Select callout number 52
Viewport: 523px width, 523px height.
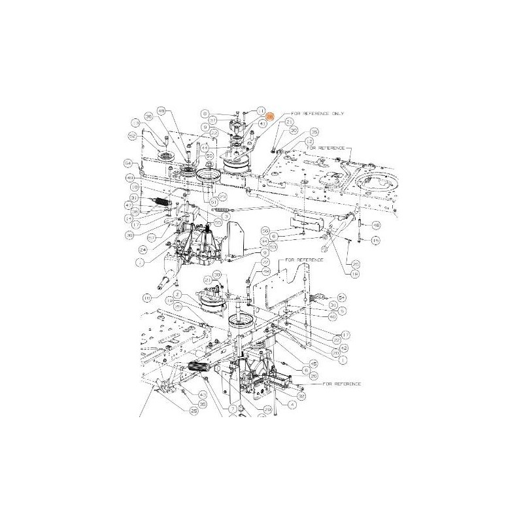(x=131, y=136)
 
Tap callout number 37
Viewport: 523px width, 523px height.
(x=231, y=120)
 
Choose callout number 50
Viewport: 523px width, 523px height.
(x=265, y=231)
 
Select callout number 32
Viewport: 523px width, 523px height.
(x=301, y=396)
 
